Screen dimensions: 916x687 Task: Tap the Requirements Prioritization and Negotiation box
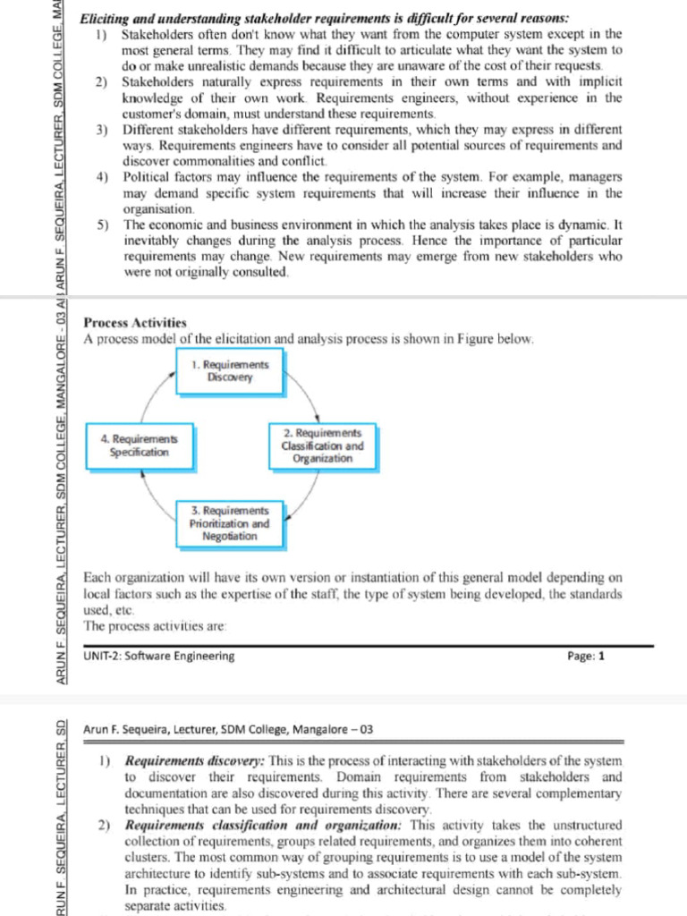click(x=230, y=523)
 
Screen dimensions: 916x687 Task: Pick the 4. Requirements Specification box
click(x=139, y=445)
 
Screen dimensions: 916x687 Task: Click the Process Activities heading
click(x=135, y=323)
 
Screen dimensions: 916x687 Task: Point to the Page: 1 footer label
click(x=586, y=656)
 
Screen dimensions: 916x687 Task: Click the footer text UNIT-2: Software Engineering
click(x=159, y=656)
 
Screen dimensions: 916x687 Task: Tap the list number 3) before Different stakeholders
click(x=102, y=131)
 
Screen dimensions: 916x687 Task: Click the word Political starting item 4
click(x=145, y=177)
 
